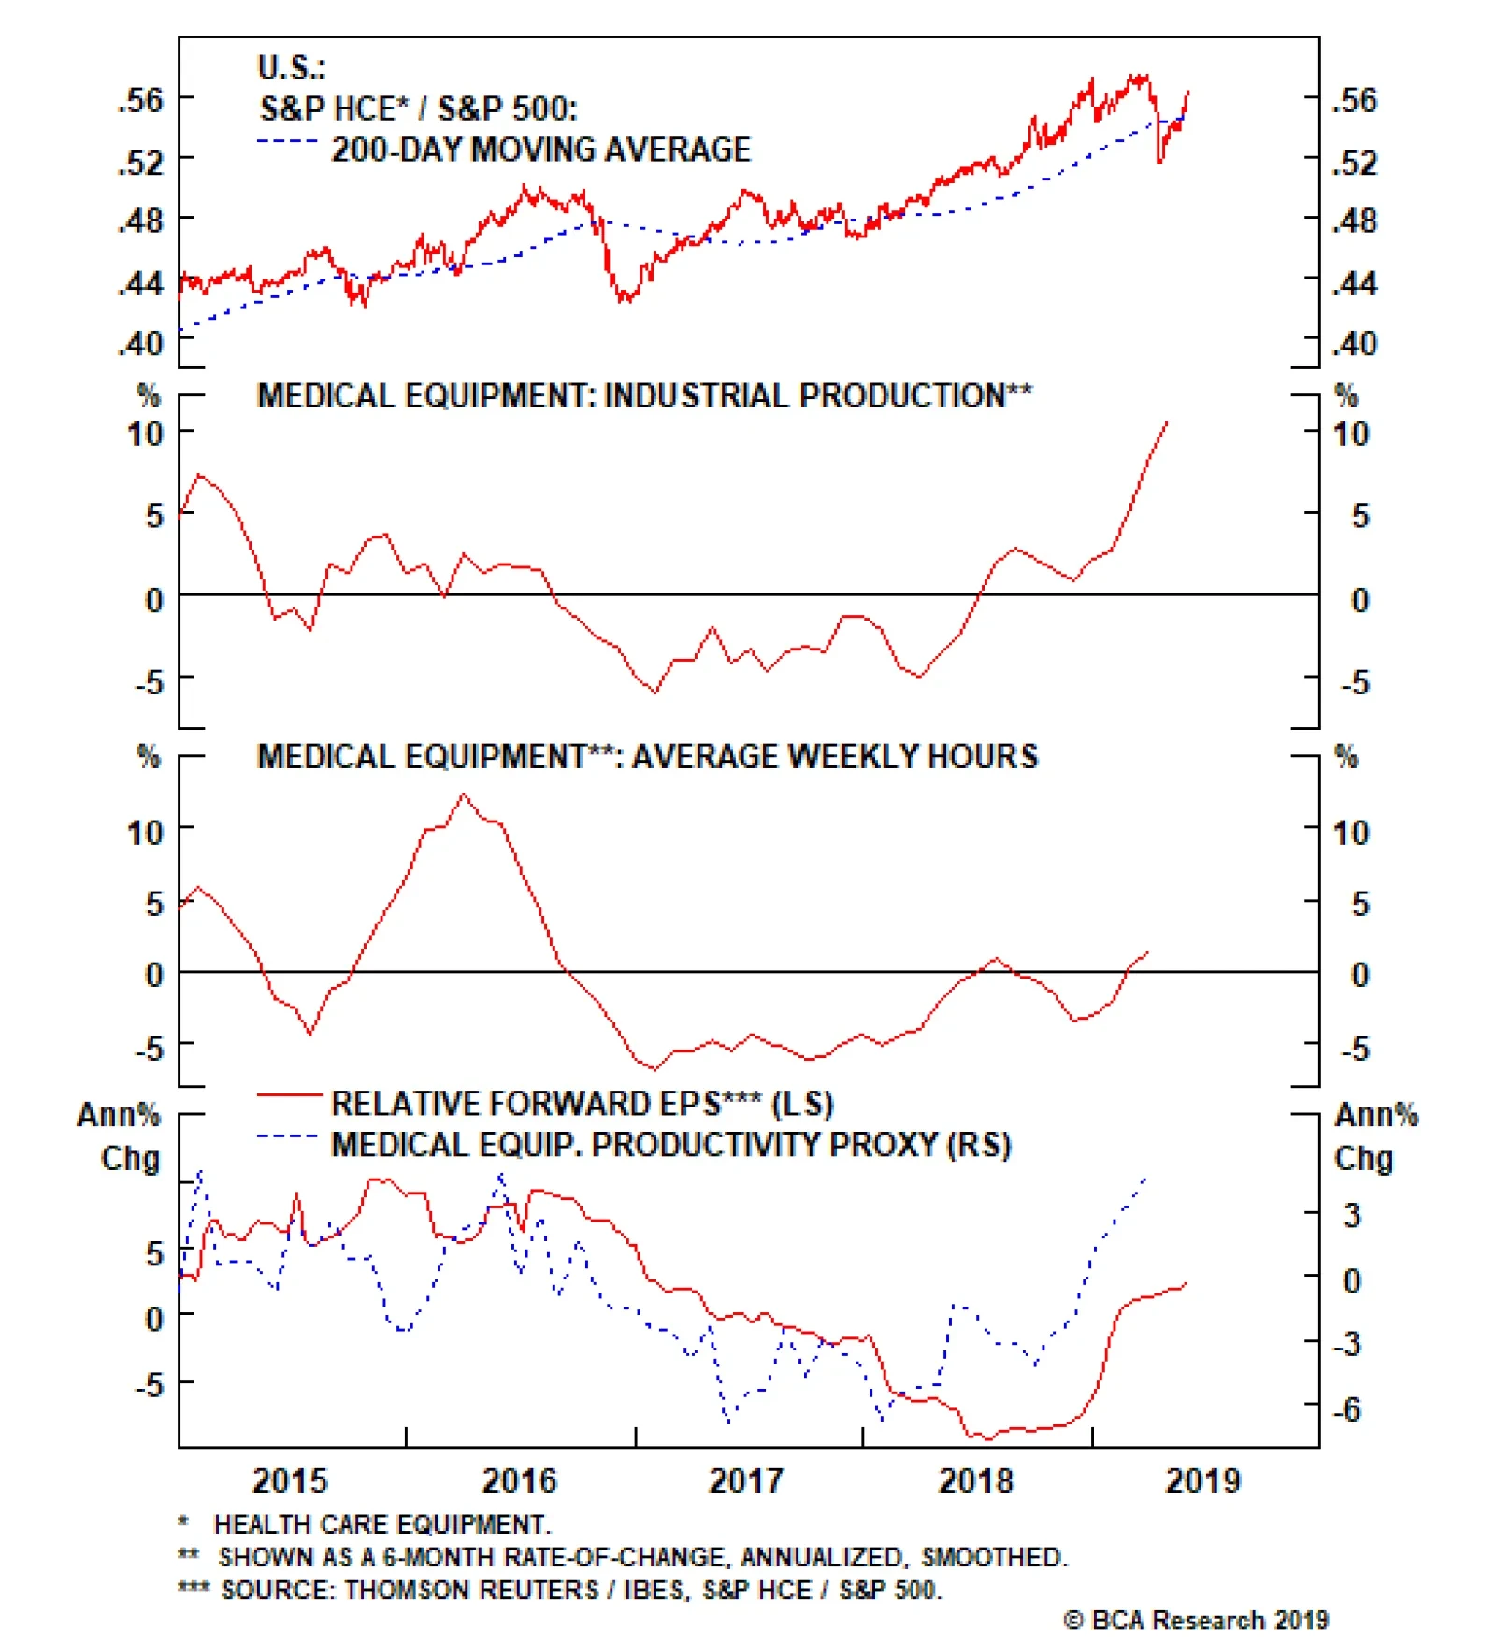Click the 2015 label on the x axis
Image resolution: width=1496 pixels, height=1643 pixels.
(x=290, y=1480)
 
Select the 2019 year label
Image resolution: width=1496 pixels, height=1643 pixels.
(x=1202, y=1480)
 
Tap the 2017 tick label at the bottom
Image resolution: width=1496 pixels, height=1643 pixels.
(x=745, y=1480)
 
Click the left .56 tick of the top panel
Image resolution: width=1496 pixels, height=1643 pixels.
(x=140, y=100)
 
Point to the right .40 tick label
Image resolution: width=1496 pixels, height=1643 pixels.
(x=1355, y=344)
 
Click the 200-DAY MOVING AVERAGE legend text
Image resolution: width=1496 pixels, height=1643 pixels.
(x=540, y=150)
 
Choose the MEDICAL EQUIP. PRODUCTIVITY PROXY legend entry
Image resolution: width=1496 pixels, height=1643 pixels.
(x=670, y=1145)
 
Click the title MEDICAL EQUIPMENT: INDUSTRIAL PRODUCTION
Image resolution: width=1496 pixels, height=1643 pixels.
(x=644, y=395)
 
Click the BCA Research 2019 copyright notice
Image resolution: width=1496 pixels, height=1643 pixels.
(x=1196, y=1620)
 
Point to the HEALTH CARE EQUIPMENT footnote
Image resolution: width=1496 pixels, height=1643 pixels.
(x=381, y=1524)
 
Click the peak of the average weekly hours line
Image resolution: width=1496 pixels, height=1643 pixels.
(x=465, y=795)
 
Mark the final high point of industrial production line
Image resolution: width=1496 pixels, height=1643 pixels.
(x=1167, y=422)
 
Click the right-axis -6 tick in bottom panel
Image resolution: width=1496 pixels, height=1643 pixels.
(x=1347, y=1408)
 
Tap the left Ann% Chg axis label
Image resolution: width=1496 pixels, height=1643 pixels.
(x=120, y=1136)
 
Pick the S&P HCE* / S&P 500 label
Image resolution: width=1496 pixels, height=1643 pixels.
(x=418, y=108)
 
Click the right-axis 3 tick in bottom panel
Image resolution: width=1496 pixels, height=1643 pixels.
(x=1352, y=1215)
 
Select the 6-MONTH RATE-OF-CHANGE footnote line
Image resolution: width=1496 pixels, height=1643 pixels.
(x=641, y=1557)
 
